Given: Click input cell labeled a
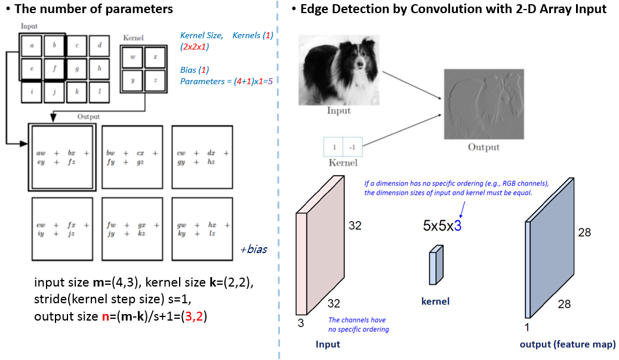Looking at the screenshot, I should [x=31, y=45].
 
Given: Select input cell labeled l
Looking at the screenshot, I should [x=99, y=91].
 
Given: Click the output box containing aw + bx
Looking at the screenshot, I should [x=61, y=156].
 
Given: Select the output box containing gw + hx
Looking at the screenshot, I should [x=202, y=229].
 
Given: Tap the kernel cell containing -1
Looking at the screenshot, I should [x=352, y=147].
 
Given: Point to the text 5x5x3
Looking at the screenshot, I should [x=442, y=226].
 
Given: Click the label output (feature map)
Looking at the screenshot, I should [x=567, y=344].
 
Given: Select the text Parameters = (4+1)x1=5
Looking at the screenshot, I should [x=230, y=81].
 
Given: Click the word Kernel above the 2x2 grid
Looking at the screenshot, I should [x=133, y=38].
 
